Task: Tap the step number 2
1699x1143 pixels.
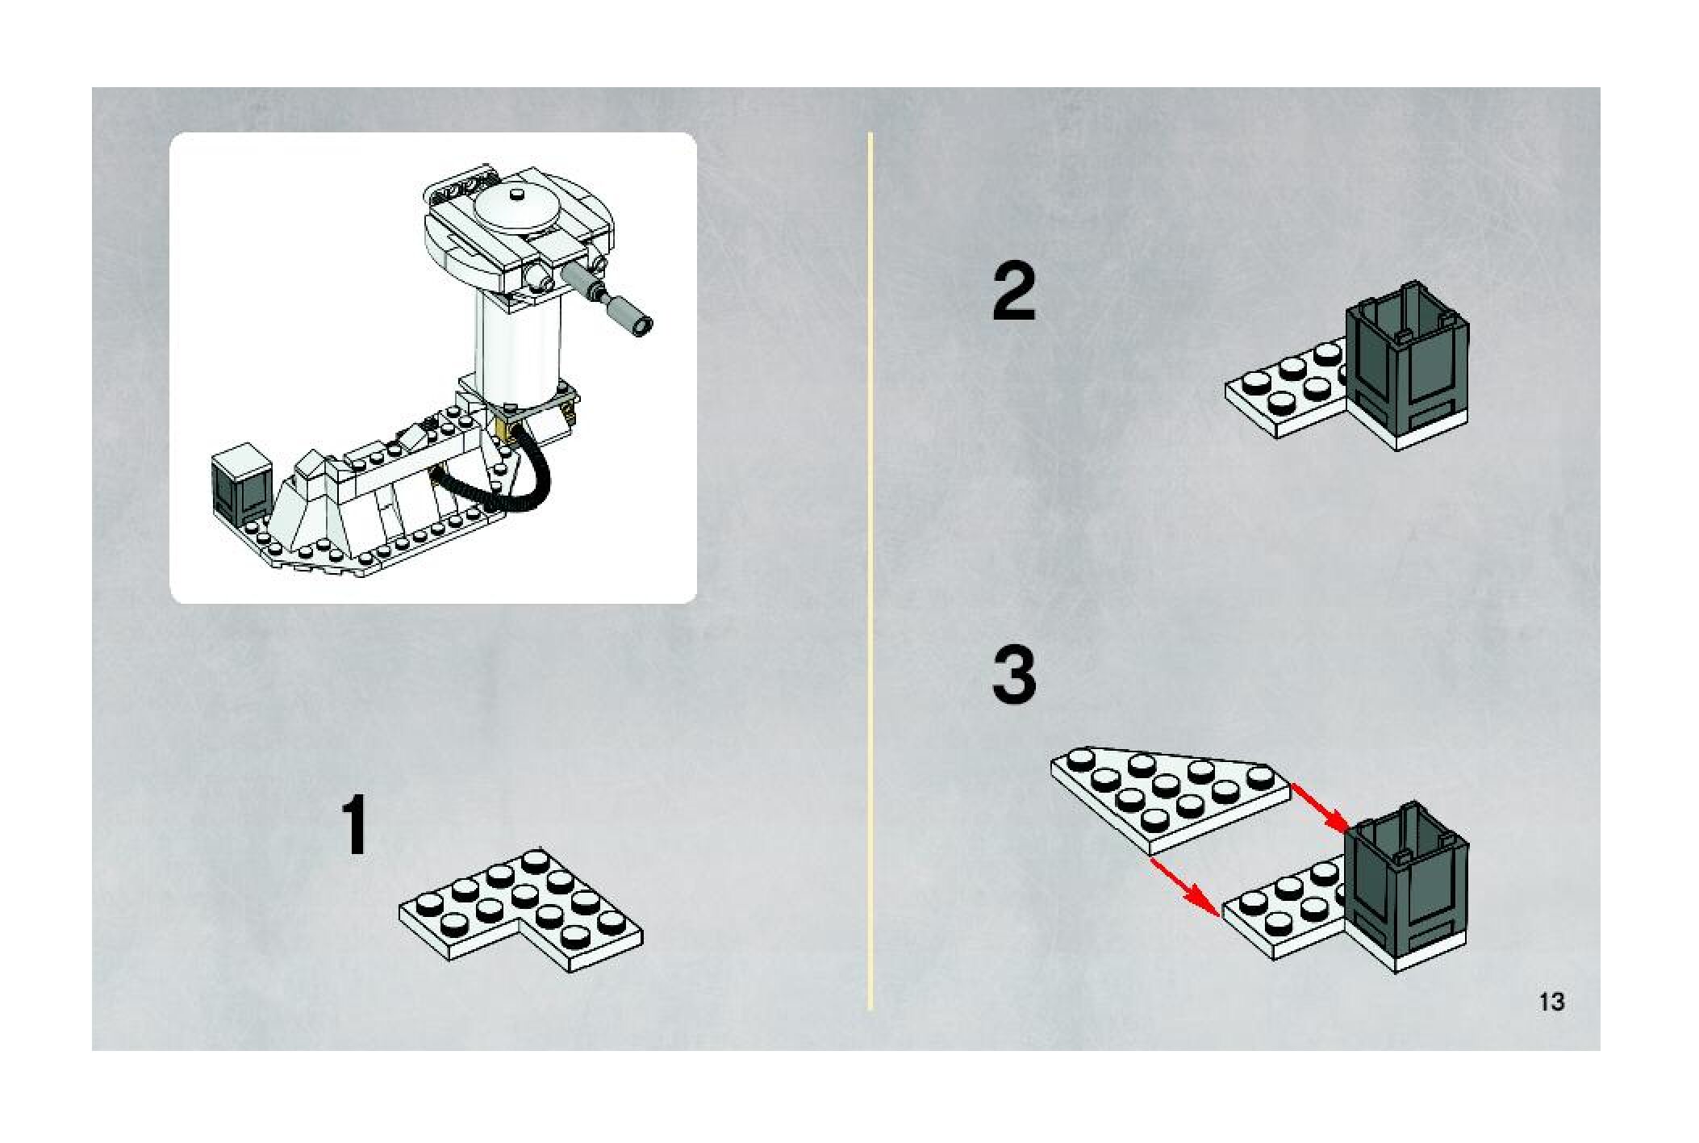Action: click(x=1014, y=293)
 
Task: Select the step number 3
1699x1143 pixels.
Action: click(x=1014, y=676)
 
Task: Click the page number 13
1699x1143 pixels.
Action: click(x=1551, y=1002)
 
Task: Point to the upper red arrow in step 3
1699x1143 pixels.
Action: click(x=1319, y=807)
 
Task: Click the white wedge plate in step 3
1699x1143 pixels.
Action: click(x=1170, y=799)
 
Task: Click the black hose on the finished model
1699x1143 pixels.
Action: click(x=500, y=480)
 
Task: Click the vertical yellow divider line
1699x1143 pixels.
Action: click(x=870, y=571)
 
